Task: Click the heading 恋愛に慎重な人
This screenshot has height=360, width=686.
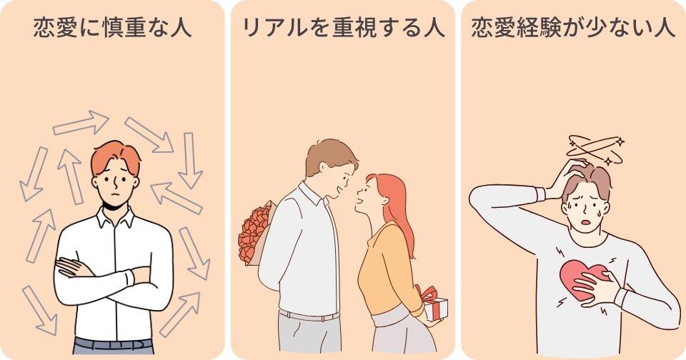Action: (x=112, y=28)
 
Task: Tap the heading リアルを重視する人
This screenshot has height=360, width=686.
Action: (x=343, y=28)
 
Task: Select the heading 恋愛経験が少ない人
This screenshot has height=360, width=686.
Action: (x=573, y=28)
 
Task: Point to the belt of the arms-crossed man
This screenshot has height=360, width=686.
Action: (x=114, y=344)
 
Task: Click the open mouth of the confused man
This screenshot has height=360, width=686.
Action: (x=585, y=222)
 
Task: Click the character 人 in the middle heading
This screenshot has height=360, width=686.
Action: (x=434, y=28)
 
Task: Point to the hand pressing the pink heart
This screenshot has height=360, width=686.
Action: (x=595, y=286)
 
